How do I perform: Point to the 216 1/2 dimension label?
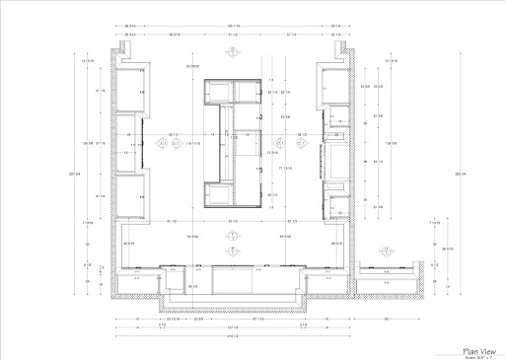coord(234,338)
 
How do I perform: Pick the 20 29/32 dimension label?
coord(180,66)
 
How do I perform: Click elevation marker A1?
coord(162,143)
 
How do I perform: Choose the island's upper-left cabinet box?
coord(217,93)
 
